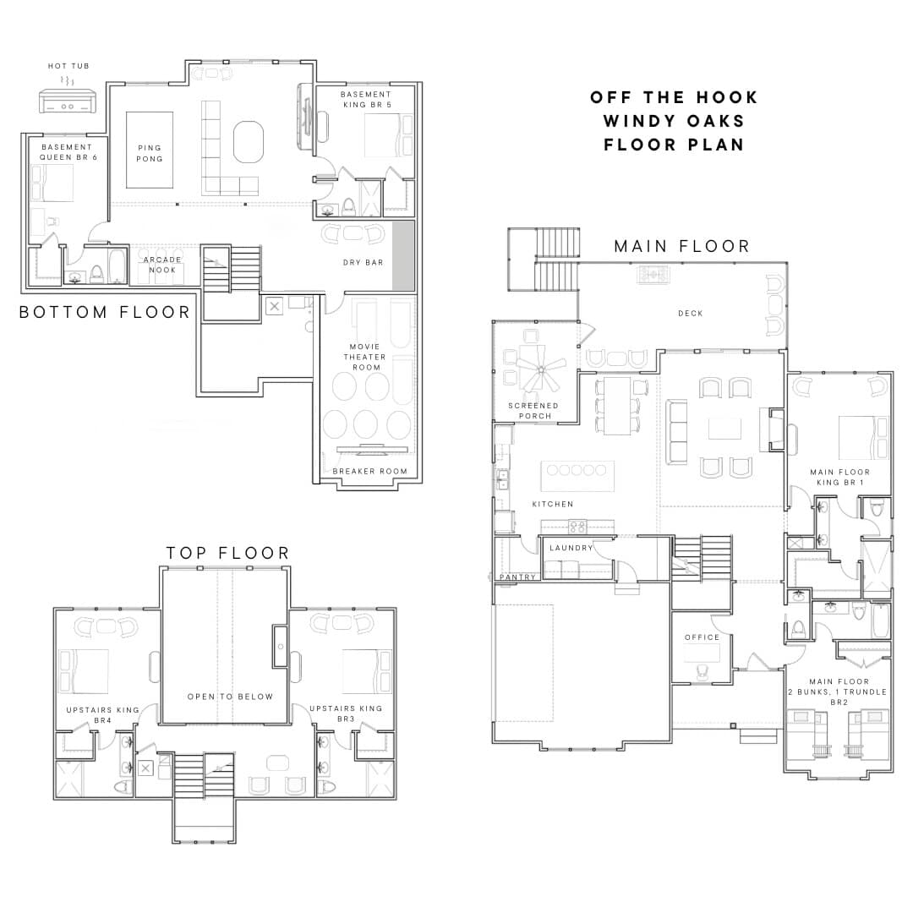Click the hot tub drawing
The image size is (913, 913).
[68, 100]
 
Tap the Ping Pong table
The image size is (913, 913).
[150, 150]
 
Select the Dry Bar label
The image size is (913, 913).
[364, 263]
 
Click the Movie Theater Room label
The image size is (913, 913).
[365, 357]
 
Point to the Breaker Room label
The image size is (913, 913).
[369, 471]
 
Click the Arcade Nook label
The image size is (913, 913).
[162, 265]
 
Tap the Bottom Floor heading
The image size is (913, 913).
[105, 312]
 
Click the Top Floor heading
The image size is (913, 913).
[227, 553]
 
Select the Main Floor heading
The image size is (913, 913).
[682, 246]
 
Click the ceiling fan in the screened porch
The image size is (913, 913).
[542, 369]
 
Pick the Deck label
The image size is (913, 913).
[691, 314]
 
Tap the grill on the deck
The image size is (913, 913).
[653, 274]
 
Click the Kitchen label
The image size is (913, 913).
[553, 504]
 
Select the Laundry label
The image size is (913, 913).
[571, 548]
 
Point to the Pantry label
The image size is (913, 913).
[517, 577]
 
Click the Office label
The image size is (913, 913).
[703, 637]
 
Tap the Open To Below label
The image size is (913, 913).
[230, 697]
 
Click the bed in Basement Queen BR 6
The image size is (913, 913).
[52, 183]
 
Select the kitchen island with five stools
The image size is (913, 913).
[577, 476]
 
